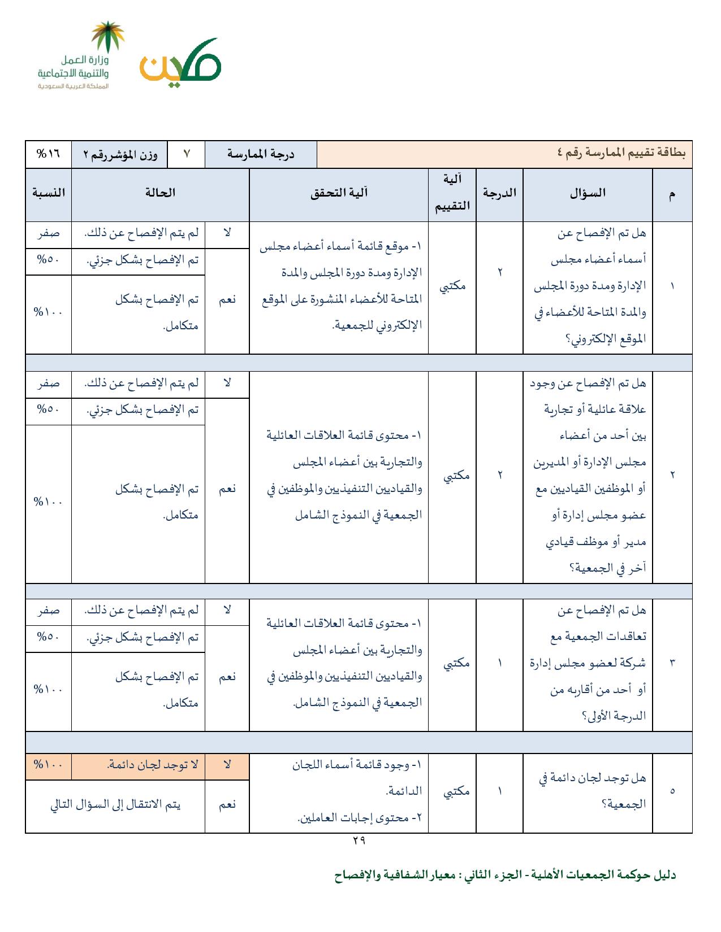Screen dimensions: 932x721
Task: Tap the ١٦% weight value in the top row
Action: [x=48, y=154]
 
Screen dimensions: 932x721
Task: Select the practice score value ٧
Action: [x=186, y=154]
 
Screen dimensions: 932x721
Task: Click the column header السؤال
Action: [x=588, y=193]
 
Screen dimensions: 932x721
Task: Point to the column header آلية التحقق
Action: [x=339, y=193]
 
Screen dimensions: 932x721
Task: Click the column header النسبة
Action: [x=48, y=193]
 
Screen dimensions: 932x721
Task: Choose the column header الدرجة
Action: [x=499, y=193]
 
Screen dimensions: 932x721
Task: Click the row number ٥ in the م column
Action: [x=672, y=791]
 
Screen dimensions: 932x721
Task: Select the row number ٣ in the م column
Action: [x=672, y=662]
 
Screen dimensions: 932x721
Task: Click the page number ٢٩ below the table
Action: [x=359, y=840]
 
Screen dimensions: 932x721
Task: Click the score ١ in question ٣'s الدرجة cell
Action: [x=499, y=662]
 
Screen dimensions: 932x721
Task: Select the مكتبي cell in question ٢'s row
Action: [x=452, y=476]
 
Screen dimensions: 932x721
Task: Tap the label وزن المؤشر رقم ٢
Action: [x=120, y=154]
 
